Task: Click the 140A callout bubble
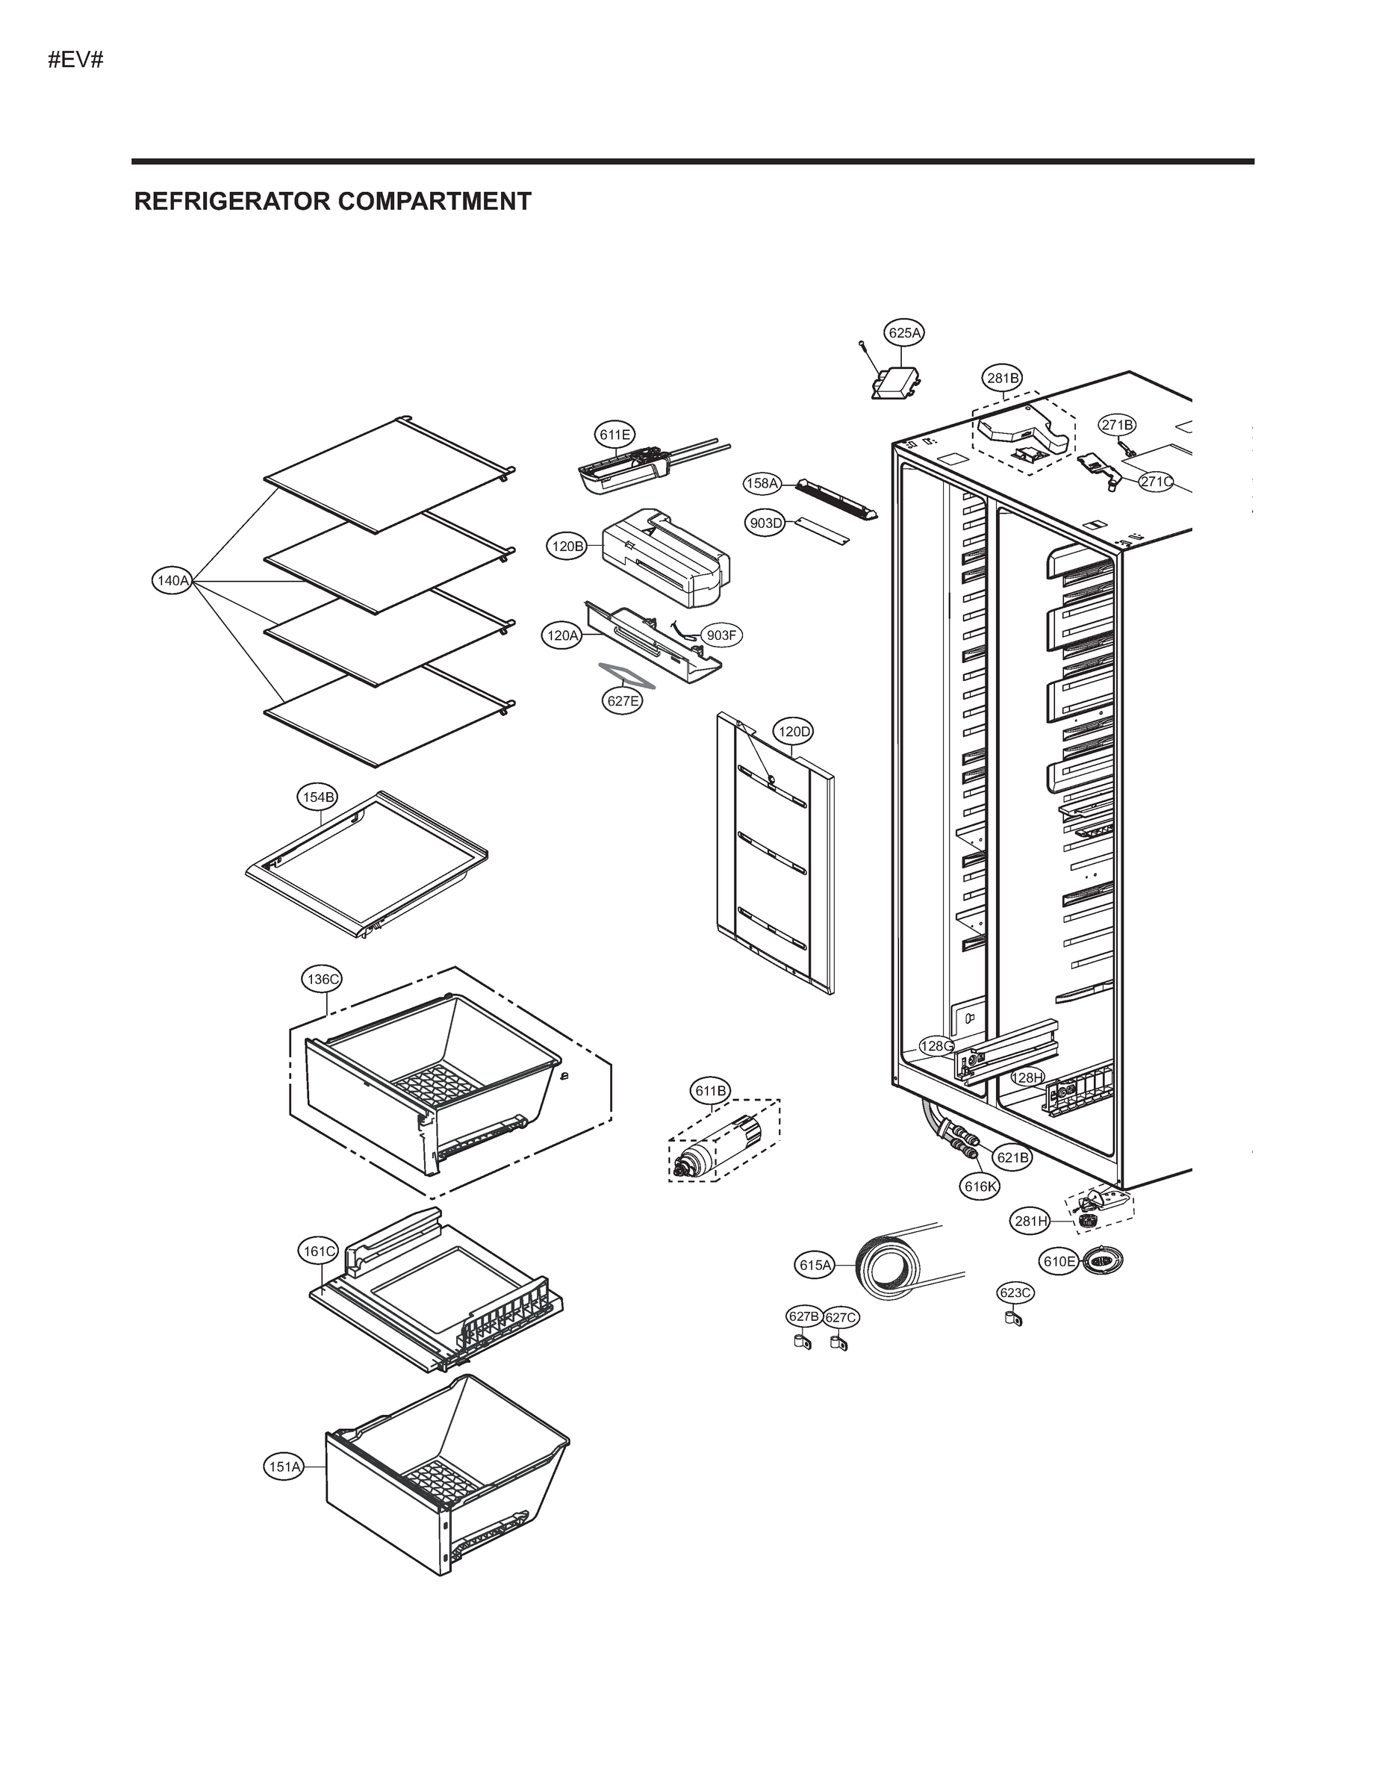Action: click(173, 581)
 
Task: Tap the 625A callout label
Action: click(904, 332)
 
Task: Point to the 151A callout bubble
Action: click(284, 1466)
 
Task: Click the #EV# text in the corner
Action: click(75, 59)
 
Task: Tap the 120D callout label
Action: click(794, 731)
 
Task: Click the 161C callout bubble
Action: click(318, 1251)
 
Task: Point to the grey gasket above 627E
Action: click(625, 675)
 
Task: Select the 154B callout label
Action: click(317, 797)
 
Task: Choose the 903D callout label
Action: click(765, 523)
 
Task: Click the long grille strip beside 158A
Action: click(836, 500)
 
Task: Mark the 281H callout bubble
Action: click(1030, 1221)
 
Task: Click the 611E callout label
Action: click(614, 435)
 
